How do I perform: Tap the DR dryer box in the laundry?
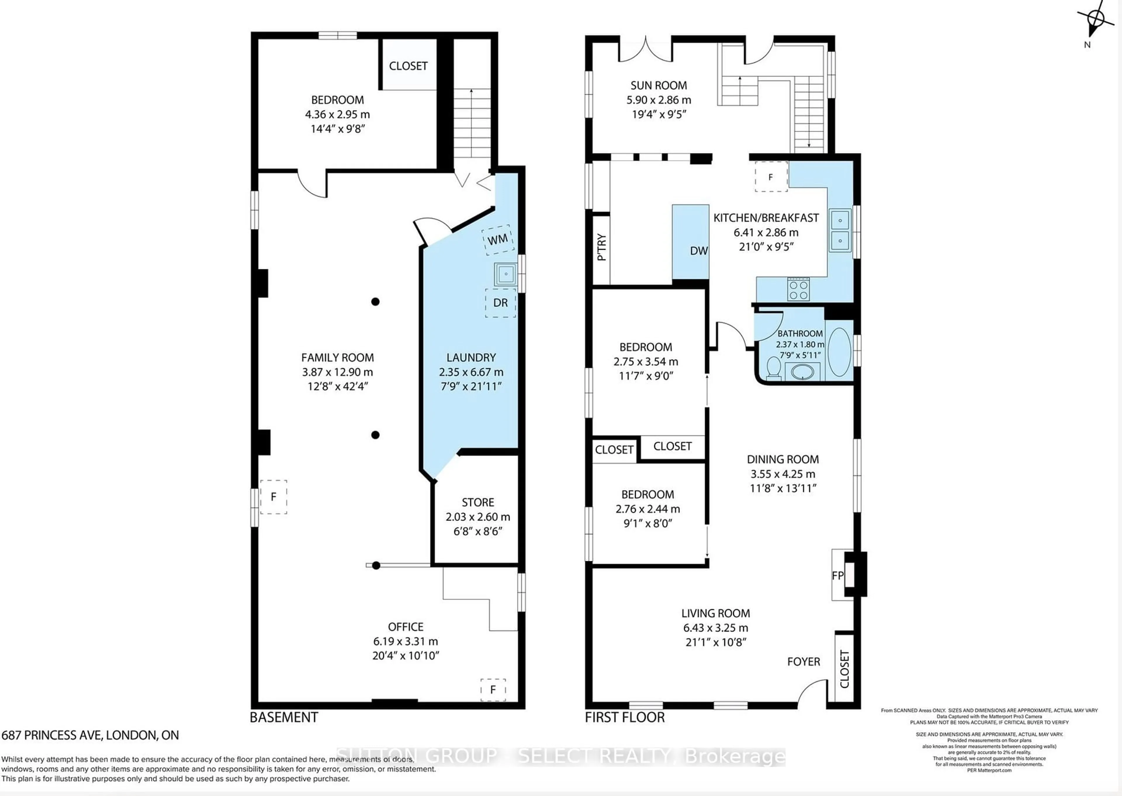point(500,303)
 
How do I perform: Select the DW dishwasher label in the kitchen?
point(698,250)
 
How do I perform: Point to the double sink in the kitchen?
point(839,230)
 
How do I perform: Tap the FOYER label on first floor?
point(803,662)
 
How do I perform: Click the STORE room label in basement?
point(477,502)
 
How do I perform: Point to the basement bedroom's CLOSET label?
point(408,66)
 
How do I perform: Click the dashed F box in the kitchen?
point(771,177)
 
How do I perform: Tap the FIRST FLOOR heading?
point(624,718)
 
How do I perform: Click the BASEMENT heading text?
point(283,718)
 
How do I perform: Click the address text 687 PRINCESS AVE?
point(90,735)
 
